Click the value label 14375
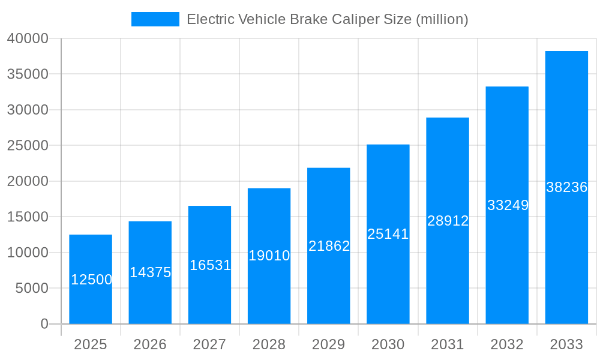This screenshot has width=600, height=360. (x=151, y=272)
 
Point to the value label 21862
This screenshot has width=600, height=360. (x=329, y=246)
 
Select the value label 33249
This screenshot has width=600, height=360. (x=508, y=205)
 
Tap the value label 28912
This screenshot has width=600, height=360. (x=448, y=221)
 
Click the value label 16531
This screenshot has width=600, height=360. (x=210, y=265)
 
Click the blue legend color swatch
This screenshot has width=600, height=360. (x=155, y=19)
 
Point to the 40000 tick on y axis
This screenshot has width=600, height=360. (x=28, y=38)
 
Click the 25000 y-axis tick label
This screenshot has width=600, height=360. (x=28, y=146)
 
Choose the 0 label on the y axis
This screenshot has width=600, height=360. (x=44, y=324)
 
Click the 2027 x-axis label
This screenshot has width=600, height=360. (x=209, y=344)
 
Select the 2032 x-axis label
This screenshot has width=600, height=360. (x=507, y=344)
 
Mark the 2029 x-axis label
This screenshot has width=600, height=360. (x=329, y=344)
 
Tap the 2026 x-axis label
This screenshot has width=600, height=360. (x=150, y=344)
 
